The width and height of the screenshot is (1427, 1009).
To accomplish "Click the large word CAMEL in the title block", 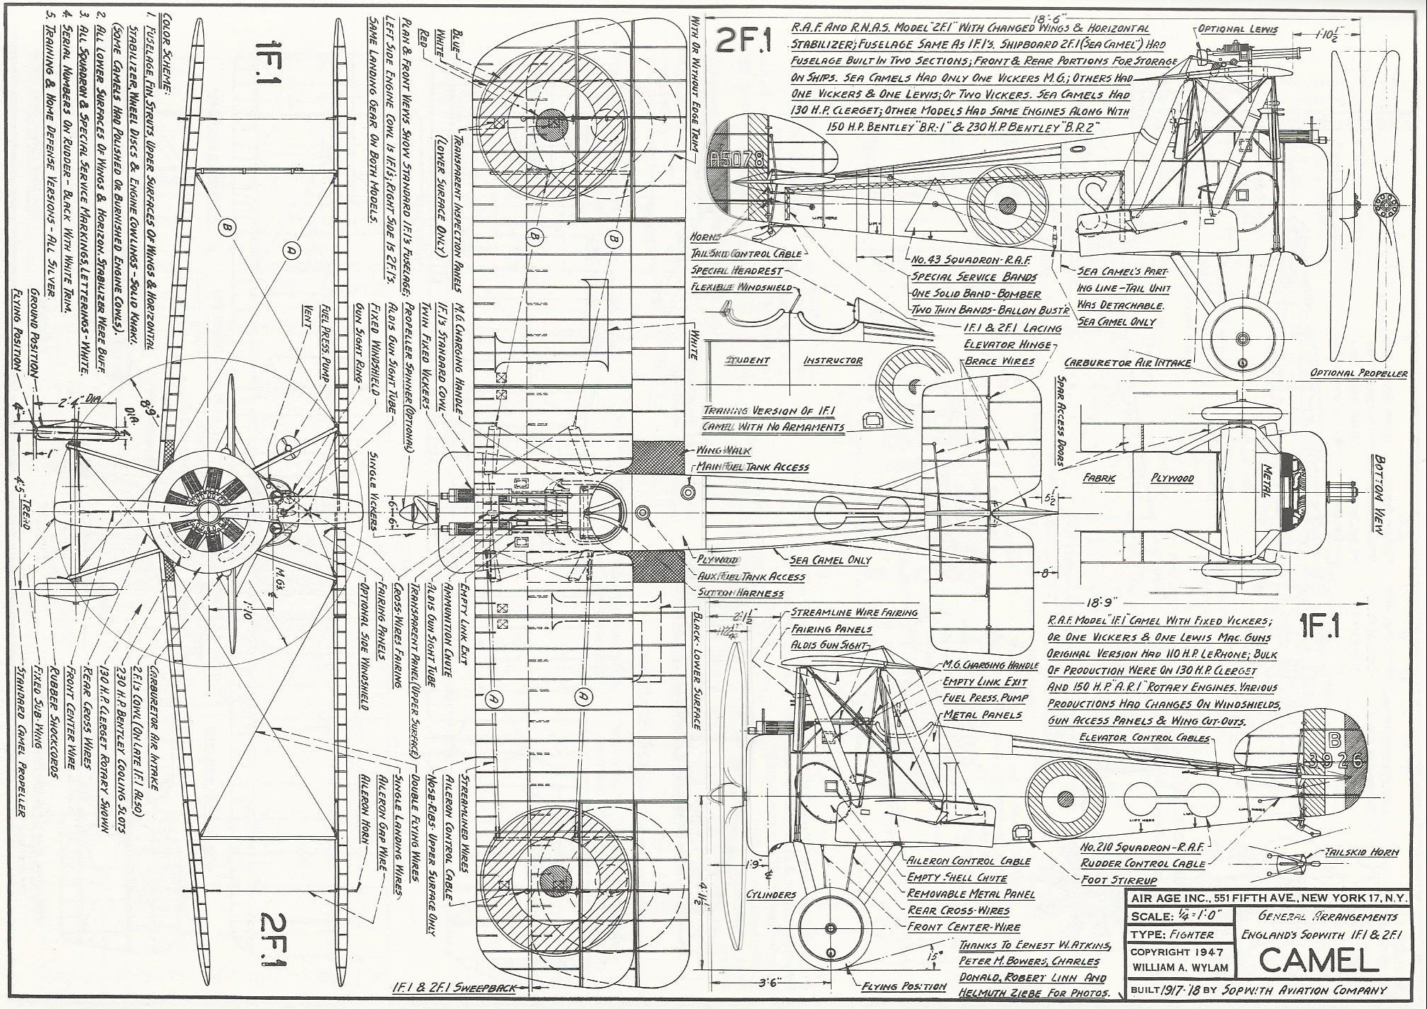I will (1319, 959).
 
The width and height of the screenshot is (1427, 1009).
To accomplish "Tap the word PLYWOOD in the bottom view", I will (1172, 478).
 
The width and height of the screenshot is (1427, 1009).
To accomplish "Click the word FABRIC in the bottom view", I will (1100, 478).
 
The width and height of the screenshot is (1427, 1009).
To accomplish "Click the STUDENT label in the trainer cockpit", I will (747, 360).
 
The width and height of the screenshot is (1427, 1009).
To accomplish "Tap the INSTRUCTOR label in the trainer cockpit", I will (833, 360).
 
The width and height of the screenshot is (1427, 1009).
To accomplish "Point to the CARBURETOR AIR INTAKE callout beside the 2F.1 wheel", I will (1128, 363).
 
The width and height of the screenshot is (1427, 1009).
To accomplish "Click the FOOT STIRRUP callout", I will (1118, 879).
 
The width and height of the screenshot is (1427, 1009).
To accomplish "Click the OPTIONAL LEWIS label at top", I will (1238, 29).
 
